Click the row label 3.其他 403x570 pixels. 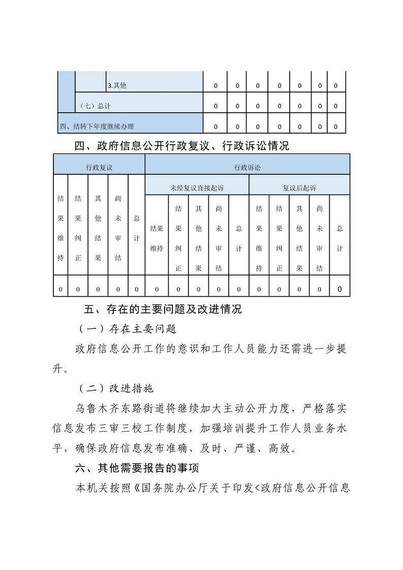pos(117,86)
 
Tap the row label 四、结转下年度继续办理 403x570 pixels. pos(97,126)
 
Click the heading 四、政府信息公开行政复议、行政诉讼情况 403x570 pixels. pos(181,146)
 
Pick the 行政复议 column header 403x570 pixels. pos(99,167)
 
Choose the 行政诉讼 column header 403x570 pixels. pos(247,167)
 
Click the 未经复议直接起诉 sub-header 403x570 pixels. pos(197,188)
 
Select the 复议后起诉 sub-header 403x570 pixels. pos(299,188)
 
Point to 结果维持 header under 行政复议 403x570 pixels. pos(60,228)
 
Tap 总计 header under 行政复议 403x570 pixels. pos(136,228)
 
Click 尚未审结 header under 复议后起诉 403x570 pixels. pos(319,238)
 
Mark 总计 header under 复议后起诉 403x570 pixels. pos(339,238)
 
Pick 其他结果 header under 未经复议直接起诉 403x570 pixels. pos(198,238)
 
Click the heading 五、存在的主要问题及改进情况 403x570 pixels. pos(163,309)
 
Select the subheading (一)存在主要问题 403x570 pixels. pos(127,329)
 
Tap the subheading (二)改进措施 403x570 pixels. pos(116,388)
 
